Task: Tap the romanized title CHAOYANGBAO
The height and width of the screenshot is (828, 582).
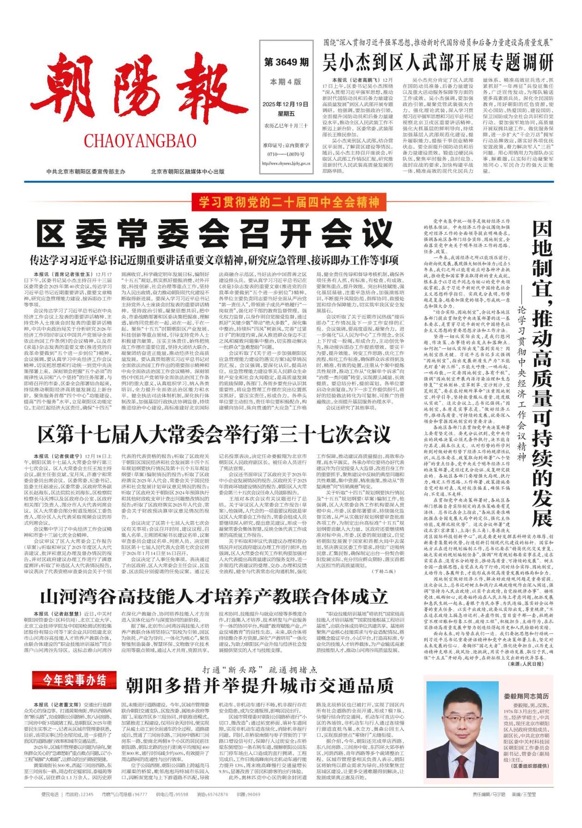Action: (140, 140)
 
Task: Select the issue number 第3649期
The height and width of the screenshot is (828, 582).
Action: (286, 62)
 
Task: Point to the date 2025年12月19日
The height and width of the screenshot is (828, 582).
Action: (285, 104)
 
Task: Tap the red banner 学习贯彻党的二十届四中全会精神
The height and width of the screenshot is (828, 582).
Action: (289, 202)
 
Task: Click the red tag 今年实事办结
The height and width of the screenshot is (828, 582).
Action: (74, 680)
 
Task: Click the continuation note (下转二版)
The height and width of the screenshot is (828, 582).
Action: (384, 571)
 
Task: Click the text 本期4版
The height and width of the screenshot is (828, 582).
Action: (286, 82)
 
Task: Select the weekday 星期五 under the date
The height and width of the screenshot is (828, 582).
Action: (285, 114)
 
